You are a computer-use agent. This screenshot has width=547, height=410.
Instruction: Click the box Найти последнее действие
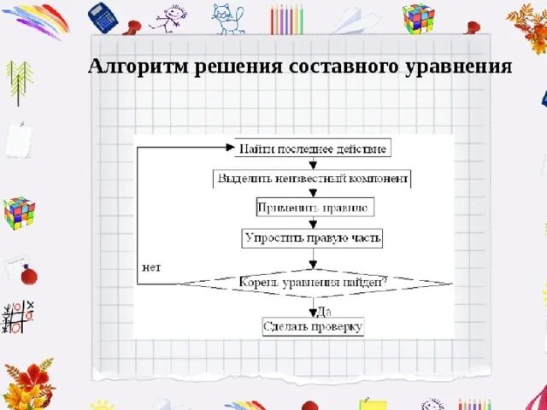(x=313, y=149)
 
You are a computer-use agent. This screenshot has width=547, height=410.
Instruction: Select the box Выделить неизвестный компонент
(x=313, y=179)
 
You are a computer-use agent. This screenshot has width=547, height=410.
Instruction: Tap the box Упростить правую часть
(x=313, y=237)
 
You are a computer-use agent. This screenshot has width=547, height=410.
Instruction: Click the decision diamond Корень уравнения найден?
(x=313, y=280)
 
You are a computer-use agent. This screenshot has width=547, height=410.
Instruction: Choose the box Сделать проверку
(x=313, y=326)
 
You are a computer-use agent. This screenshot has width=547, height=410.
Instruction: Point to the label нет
(x=150, y=267)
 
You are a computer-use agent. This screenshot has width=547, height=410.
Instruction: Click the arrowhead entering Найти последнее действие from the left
(x=229, y=149)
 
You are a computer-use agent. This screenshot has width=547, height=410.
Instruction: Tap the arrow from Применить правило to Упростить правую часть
(x=314, y=221)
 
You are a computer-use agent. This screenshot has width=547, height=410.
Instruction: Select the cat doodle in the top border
(x=226, y=18)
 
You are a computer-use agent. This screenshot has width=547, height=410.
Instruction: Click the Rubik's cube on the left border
(x=19, y=209)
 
